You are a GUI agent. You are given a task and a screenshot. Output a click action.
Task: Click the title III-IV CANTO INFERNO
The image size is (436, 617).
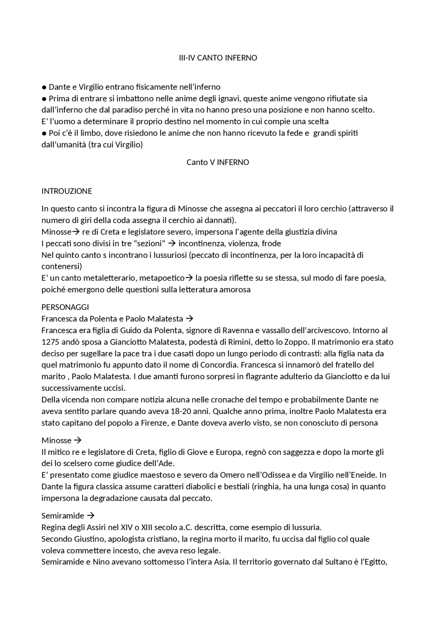tap(218, 58)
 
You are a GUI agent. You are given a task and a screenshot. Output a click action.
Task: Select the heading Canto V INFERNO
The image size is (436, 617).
tap(218, 162)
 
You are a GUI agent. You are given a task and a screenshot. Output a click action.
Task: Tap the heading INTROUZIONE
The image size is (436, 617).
tap(67, 191)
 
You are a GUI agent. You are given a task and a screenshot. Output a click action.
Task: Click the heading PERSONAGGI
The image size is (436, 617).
tap(65, 307)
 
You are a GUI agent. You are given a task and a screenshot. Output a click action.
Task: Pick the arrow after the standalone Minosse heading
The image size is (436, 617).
tap(78, 441)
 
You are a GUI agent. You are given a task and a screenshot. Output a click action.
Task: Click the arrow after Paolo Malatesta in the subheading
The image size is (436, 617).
tap(190, 319)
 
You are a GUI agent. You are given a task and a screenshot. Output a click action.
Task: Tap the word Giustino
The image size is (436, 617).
tap(89, 539)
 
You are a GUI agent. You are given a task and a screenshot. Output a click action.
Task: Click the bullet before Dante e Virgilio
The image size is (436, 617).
tap(44, 87)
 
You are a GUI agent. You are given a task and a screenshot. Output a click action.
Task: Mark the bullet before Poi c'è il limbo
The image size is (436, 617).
tap(44, 133)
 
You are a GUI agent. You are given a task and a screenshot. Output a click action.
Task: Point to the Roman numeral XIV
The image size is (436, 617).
tap(127, 527)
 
